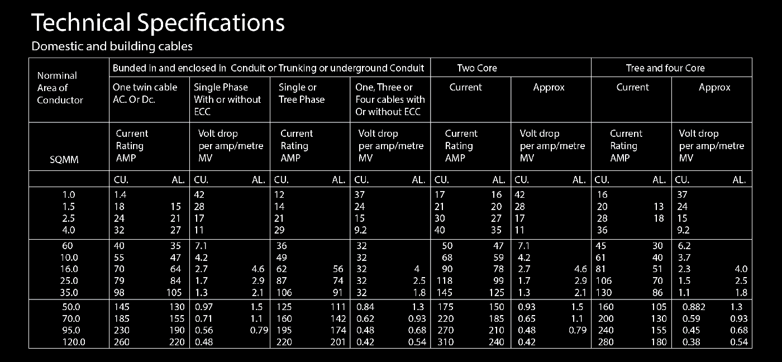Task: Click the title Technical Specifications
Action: (158, 23)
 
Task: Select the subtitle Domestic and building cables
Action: (112, 46)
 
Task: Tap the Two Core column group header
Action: (476, 68)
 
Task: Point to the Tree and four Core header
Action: (665, 68)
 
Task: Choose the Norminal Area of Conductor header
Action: (60, 88)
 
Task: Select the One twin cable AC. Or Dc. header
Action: (145, 93)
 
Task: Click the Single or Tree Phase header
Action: (302, 93)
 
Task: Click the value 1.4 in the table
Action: (120, 195)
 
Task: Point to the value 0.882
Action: (693, 307)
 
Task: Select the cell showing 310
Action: (445, 342)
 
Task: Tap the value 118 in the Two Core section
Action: (445, 281)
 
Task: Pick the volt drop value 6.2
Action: (683, 246)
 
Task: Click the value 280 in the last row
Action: (605, 342)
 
